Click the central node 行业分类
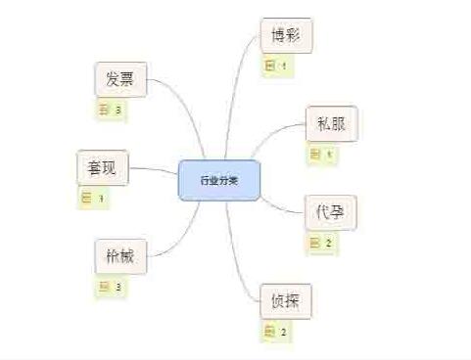tap(219, 180)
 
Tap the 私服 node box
tap(331, 124)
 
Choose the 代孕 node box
tap(330, 211)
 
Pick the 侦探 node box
tap(286, 300)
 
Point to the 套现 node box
tap(103, 167)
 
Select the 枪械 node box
tap(121, 256)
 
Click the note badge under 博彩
tap(277, 67)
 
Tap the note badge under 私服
tap(322, 154)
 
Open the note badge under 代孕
tap(322, 243)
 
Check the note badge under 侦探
tap(277, 331)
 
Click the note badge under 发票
tap(111, 110)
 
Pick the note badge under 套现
tap(93, 198)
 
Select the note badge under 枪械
tap(111, 287)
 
